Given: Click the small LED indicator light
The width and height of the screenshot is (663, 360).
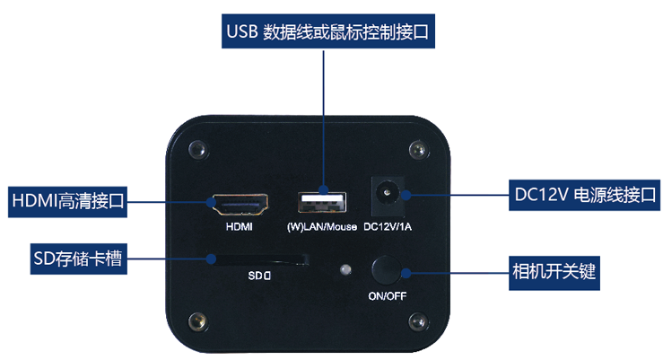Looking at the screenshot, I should pos(342,268).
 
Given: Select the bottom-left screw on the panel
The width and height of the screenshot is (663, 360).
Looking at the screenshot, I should pos(195,320).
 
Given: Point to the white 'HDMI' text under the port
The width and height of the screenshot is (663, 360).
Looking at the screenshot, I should pos(240,227).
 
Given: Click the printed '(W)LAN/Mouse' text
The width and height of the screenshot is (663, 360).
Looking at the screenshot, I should pos(321,226).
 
